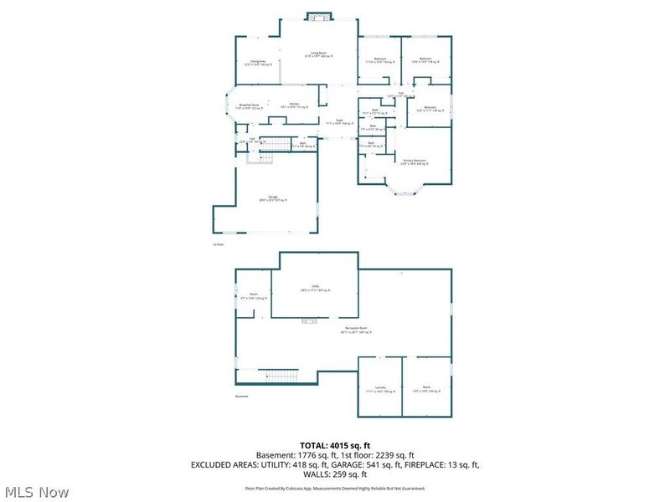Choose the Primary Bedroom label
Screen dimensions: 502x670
pyautogui.click(x=414, y=161)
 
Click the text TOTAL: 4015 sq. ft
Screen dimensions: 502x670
pyautogui.click(x=335, y=444)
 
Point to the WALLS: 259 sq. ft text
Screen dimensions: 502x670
pyautogui.click(x=335, y=474)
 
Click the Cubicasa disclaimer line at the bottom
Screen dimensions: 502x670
pyautogui.click(x=335, y=488)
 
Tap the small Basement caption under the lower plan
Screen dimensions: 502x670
pyautogui.click(x=242, y=397)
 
